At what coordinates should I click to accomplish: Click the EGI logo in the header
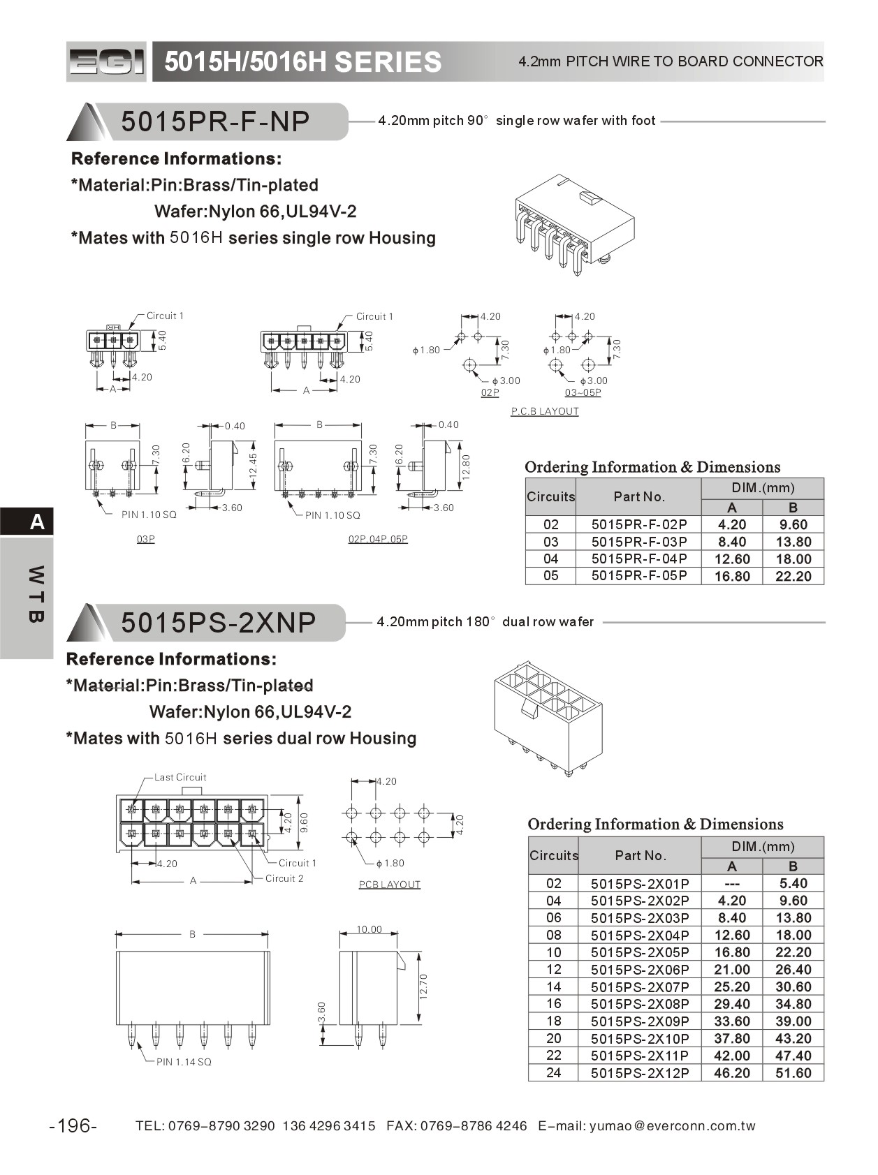coord(106,62)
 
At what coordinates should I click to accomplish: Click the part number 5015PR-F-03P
coord(639,542)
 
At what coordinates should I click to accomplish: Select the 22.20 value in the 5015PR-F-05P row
coord(793,576)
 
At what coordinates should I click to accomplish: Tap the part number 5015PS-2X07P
coord(640,986)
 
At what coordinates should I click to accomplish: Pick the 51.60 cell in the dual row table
coord(793,1073)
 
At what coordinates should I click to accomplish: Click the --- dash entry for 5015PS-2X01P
coord(731,883)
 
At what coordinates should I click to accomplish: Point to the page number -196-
coord(73,1125)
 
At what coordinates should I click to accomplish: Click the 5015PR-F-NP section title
coord(215,121)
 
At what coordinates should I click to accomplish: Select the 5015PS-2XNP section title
coord(218,622)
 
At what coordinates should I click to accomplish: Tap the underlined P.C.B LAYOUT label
coord(545,411)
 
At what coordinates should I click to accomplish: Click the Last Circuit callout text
coord(180,777)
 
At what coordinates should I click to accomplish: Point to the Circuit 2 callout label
coord(284,878)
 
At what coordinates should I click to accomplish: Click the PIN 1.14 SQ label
coord(184,1062)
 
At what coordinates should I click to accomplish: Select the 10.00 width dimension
coord(369,929)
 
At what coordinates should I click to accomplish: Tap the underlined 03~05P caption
coord(583,392)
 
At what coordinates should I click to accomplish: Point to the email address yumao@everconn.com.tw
coord(672,1125)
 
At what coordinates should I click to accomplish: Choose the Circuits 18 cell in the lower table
coord(553,1021)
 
